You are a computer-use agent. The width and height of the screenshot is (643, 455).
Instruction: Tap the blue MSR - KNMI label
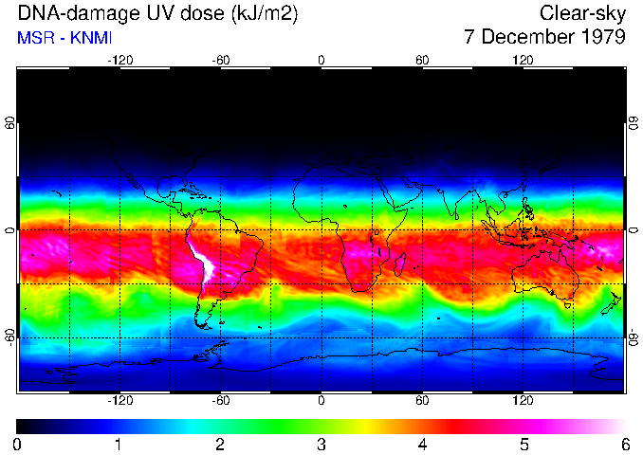click(x=63, y=38)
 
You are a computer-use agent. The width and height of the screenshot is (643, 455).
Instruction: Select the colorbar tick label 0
click(x=17, y=444)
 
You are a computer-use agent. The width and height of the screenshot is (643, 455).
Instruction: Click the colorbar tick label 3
click(x=321, y=444)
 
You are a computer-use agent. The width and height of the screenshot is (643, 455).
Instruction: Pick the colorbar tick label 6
click(x=624, y=444)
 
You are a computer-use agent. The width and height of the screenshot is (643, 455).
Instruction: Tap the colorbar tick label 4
click(x=422, y=444)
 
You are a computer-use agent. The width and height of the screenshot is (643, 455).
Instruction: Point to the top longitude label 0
click(x=321, y=60)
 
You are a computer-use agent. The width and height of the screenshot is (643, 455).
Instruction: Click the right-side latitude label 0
click(x=633, y=230)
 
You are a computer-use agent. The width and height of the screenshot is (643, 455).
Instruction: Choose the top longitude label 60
click(x=422, y=60)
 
